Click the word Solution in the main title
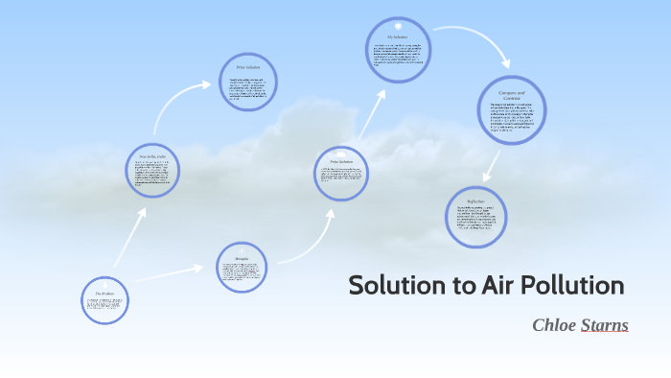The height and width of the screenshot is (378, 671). point(396,286)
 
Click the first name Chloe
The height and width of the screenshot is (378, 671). point(554,325)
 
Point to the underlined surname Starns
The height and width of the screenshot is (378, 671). point(605,325)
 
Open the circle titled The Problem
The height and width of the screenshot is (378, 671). point(104,300)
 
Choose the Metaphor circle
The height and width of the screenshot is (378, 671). point(242,266)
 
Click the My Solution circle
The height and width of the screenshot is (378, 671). point(398,51)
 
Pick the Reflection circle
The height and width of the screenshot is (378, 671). point(476,216)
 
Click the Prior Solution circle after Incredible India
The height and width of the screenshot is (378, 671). point(248,82)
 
